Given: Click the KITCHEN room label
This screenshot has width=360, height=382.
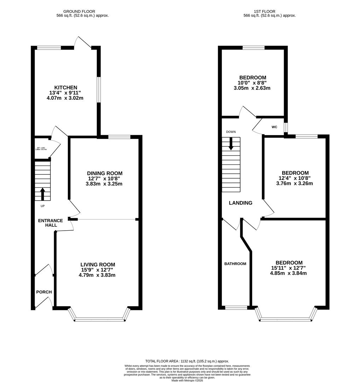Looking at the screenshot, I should (65, 87).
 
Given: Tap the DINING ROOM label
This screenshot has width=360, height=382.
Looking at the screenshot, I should (105, 173).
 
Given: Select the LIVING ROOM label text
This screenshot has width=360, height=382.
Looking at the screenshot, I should (98, 264).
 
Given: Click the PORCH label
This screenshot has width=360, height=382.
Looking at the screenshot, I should (44, 292).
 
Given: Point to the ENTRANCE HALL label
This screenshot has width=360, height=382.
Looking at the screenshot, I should (51, 223).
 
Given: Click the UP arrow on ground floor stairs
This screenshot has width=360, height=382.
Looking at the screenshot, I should (43, 194).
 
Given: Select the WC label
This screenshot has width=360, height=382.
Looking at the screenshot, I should (274, 127).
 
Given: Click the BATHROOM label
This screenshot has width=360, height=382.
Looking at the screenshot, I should (236, 264).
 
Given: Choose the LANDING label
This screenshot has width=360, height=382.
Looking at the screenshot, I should (240, 203).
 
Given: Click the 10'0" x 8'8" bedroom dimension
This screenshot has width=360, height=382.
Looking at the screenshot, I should (252, 83).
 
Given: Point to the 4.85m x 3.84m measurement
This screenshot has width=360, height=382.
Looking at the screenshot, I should (288, 273).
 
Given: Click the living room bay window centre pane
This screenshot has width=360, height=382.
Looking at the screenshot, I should (100, 319).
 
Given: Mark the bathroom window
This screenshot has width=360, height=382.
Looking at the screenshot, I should (236, 308).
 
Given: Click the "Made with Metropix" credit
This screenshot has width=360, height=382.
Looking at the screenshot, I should (187, 380).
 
